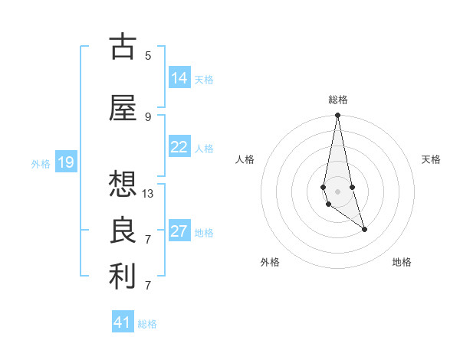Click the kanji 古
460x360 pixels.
point(123,47)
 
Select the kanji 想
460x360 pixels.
point(123,185)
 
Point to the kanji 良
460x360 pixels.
point(123,231)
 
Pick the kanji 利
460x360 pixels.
point(123,277)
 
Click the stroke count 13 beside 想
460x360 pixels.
point(148,194)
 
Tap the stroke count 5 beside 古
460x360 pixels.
point(148,56)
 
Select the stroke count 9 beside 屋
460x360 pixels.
point(148,117)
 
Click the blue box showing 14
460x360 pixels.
point(179,78)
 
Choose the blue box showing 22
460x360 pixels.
point(179,147)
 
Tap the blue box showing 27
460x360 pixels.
point(179,231)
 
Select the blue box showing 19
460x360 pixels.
point(65,162)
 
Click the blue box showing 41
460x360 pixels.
point(123,322)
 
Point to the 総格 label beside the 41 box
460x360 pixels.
point(147,324)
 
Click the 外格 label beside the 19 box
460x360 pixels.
point(40,163)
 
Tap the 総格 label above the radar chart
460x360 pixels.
point(337,100)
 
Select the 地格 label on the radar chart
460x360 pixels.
point(402,262)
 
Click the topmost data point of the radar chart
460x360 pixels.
point(337,116)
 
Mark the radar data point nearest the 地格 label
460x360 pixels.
point(364,229)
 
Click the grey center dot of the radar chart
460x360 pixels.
point(337,191)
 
